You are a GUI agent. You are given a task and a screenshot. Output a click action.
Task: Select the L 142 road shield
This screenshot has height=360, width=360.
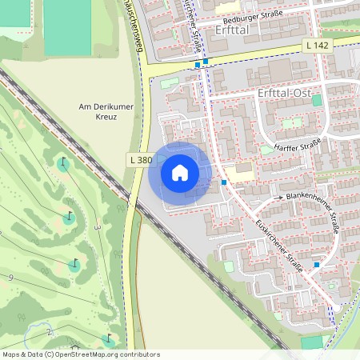(318, 46)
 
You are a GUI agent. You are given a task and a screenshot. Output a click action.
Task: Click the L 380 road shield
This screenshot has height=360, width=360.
(140, 160)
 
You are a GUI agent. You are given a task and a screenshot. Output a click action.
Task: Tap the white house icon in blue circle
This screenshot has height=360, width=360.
(179, 172)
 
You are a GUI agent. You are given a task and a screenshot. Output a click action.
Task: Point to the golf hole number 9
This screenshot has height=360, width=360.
(11, 278)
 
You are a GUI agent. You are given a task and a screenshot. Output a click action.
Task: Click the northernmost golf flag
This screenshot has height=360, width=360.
(62, 162)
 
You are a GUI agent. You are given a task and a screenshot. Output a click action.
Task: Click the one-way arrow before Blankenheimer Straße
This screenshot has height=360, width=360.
(279, 197)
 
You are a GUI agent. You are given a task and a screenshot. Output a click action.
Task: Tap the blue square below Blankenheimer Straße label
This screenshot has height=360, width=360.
(317, 264)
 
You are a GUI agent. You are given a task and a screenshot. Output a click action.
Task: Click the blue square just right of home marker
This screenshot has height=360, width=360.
(224, 182)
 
